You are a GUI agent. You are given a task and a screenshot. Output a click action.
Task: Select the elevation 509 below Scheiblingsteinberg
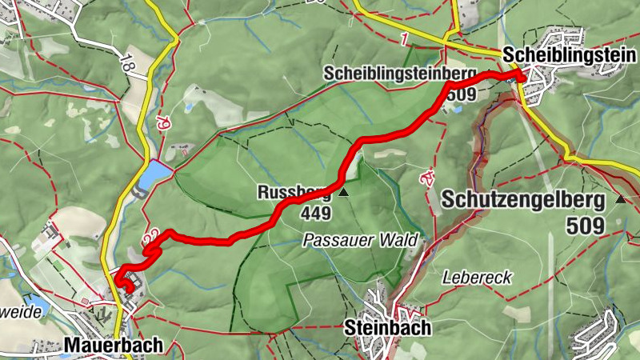(x=462, y=94)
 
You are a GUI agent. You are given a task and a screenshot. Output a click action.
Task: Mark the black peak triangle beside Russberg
(x=344, y=193)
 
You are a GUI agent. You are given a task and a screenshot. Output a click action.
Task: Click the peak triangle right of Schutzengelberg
(x=621, y=198)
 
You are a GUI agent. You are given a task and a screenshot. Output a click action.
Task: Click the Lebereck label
(x=477, y=277)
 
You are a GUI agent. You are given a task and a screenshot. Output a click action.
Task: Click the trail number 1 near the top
(x=406, y=38)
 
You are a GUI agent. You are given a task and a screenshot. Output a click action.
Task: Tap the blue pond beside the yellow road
(x=158, y=171)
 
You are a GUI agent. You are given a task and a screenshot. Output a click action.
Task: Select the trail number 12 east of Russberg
(x=428, y=178)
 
